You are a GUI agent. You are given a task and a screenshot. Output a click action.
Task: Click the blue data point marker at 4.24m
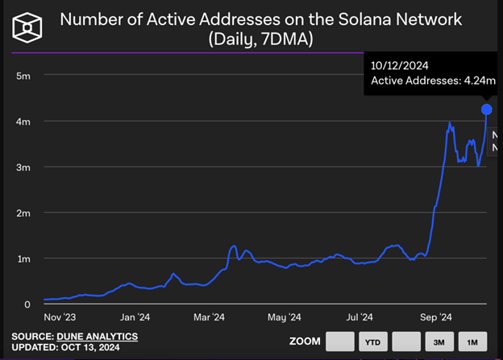pos(487,109)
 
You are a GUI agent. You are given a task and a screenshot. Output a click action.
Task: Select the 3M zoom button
pos(439,341)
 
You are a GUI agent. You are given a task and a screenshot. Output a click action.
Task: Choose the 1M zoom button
pos(472,341)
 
